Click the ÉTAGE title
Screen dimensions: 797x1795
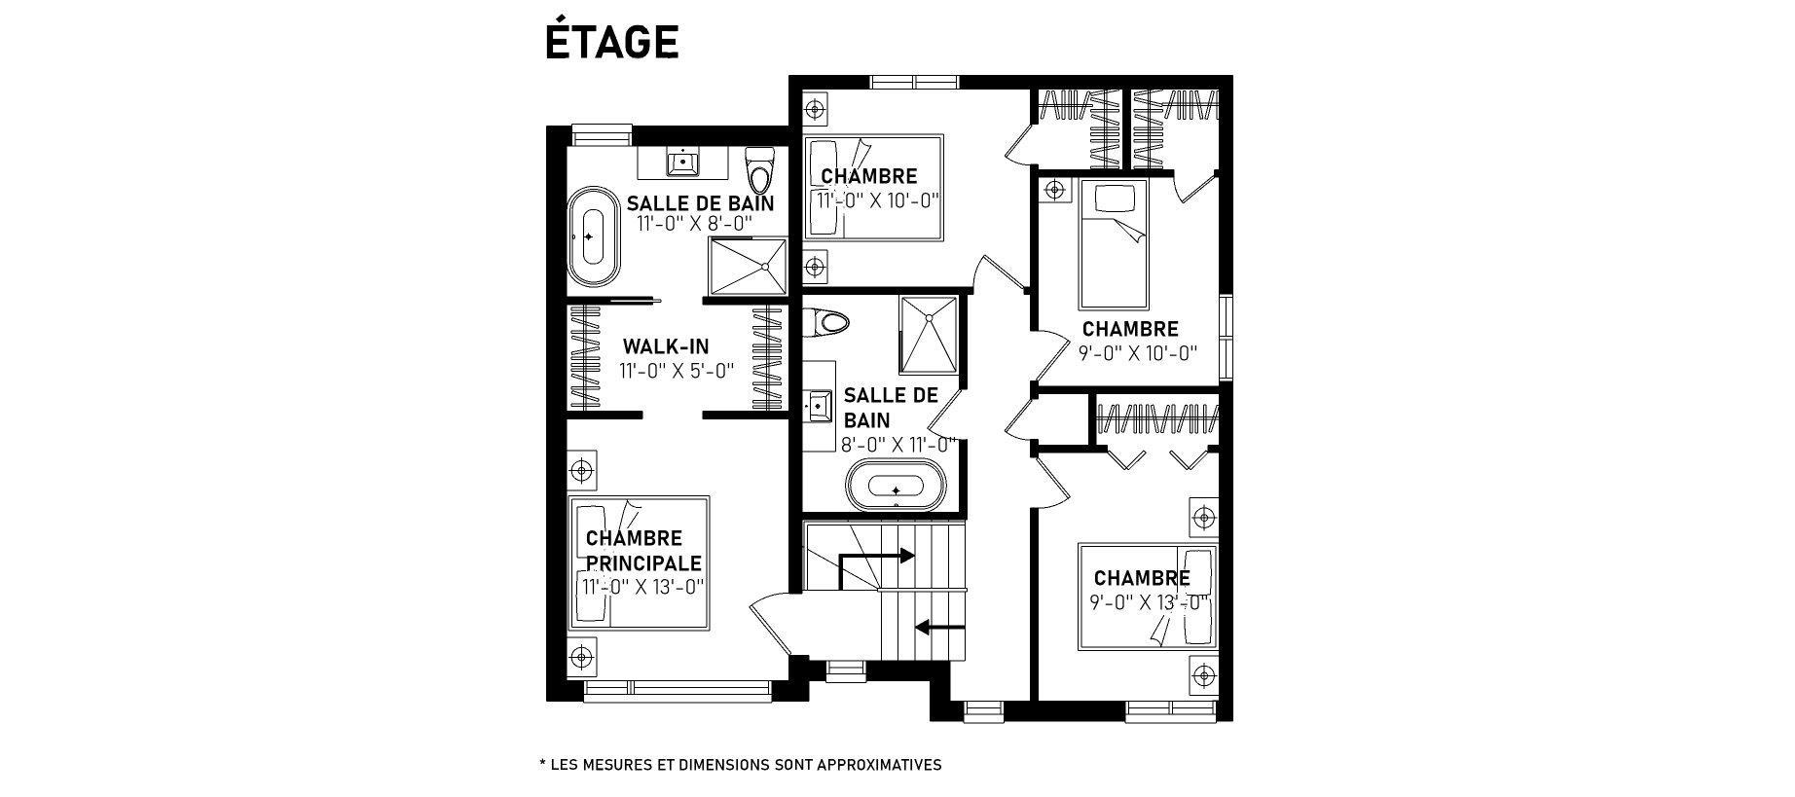click(x=611, y=42)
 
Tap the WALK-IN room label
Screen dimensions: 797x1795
click(x=666, y=346)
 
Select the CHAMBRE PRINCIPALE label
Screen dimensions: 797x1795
click(x=642, y=551)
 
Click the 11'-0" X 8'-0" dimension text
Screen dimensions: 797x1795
click(x=695, y=224)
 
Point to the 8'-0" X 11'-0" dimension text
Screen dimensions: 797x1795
click(x=898, y=445)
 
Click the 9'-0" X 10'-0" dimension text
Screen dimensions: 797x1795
click(x=1137, y=352)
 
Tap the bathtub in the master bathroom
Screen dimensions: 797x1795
click(x=594, y=236)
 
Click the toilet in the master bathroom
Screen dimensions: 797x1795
click(x=757, y=170)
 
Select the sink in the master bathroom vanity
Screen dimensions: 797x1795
click(x=683, y=163)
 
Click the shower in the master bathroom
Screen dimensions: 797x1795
click(x=748, y=265)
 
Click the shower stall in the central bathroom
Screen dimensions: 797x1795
click(x=928, y=335)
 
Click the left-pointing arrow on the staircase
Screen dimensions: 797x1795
click(x=940, y=627)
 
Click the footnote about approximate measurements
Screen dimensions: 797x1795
click(x=740, y=765)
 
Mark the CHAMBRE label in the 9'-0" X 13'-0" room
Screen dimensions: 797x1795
click(x=1142, y=579)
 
